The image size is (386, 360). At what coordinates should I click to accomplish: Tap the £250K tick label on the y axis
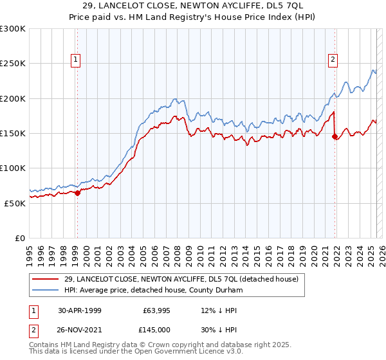(x=13, y=64)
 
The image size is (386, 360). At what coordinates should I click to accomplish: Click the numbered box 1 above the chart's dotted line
(x=76, y=60)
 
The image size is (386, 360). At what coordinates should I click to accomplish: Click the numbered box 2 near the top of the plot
(x=333, y=60)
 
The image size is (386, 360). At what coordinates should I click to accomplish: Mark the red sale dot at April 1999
(x=77, y=192)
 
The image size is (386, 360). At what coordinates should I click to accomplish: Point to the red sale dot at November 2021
(x=335, y=136)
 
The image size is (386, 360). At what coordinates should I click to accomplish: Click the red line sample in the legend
(x=46, y=280)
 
